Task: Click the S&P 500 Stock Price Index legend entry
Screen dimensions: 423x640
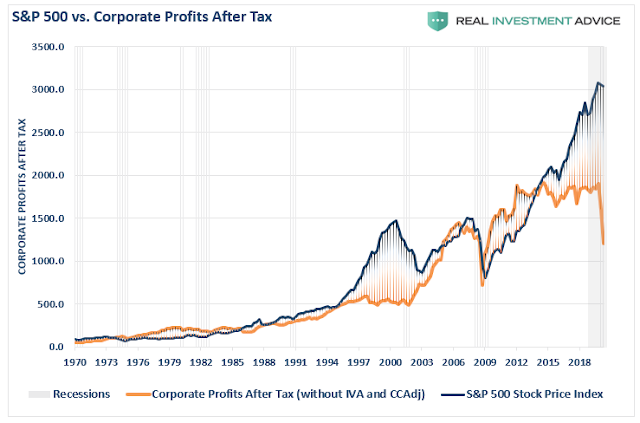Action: (x=536, y=394)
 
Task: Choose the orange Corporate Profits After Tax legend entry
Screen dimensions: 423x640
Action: (x=286, y=394)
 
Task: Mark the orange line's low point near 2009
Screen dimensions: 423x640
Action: (x=482, y=285)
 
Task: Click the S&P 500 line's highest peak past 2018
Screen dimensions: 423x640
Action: (x=598, y=83)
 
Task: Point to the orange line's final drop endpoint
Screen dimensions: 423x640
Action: (x=603, y=243)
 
